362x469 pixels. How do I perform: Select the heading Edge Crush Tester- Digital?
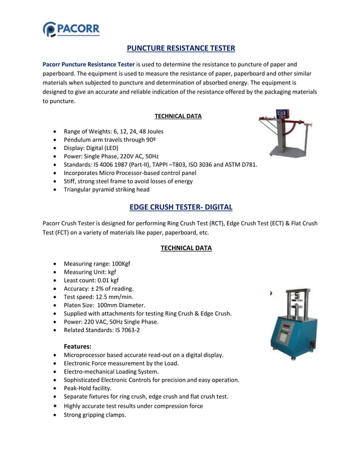pyautogui.click(x=180, y=207)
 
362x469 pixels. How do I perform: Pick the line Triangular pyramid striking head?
pyautogui.click(x=106, y=190)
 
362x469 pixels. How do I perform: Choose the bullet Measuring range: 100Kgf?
pyautogui.click(x=97, y=263)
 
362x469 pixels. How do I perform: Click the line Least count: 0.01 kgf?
pyautogui.click(x=91, y=280)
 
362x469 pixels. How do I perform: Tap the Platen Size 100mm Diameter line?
pyautogui.click(x=104, y=305)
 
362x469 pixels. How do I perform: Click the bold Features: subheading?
pyautogui.click(x=77, y=346)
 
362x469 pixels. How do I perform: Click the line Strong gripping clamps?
pyautogui.click(x=95, y=414)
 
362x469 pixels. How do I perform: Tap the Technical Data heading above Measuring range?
pyautogui.click(x=186, y=248)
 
